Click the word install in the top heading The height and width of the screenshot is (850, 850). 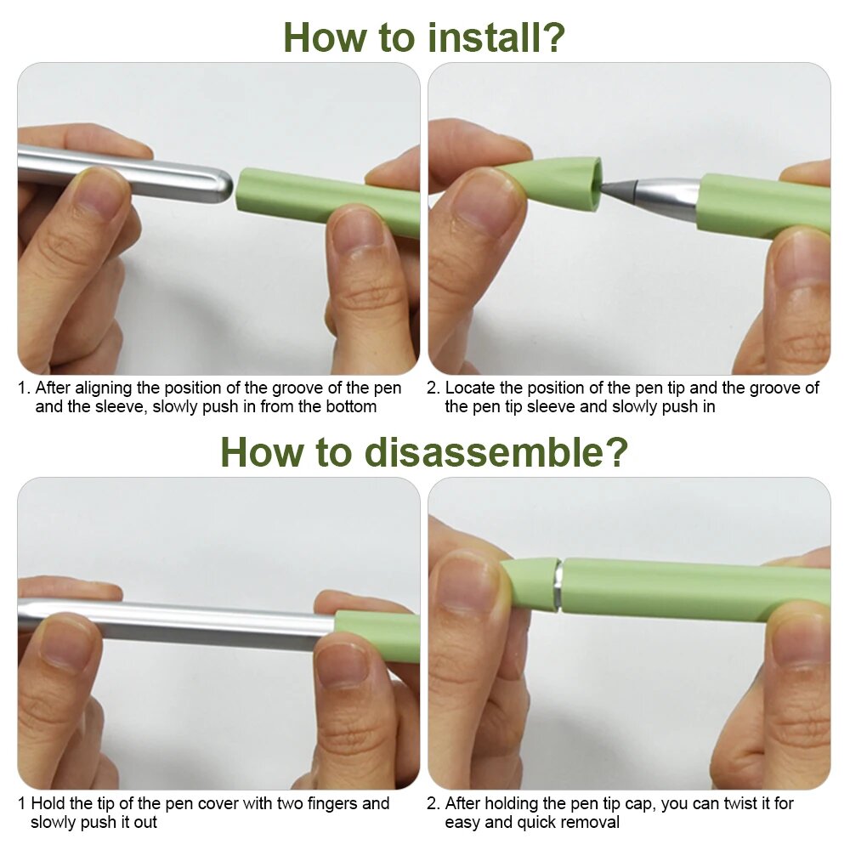click(x=479, y=37)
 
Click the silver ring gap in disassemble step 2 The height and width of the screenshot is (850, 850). click(x=558, y=586)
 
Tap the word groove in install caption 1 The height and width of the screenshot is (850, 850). click(x=306, y=388)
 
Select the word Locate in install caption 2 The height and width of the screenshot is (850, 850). click(x=469, y=388)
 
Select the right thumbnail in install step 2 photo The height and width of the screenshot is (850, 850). click(x=800, y=261)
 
